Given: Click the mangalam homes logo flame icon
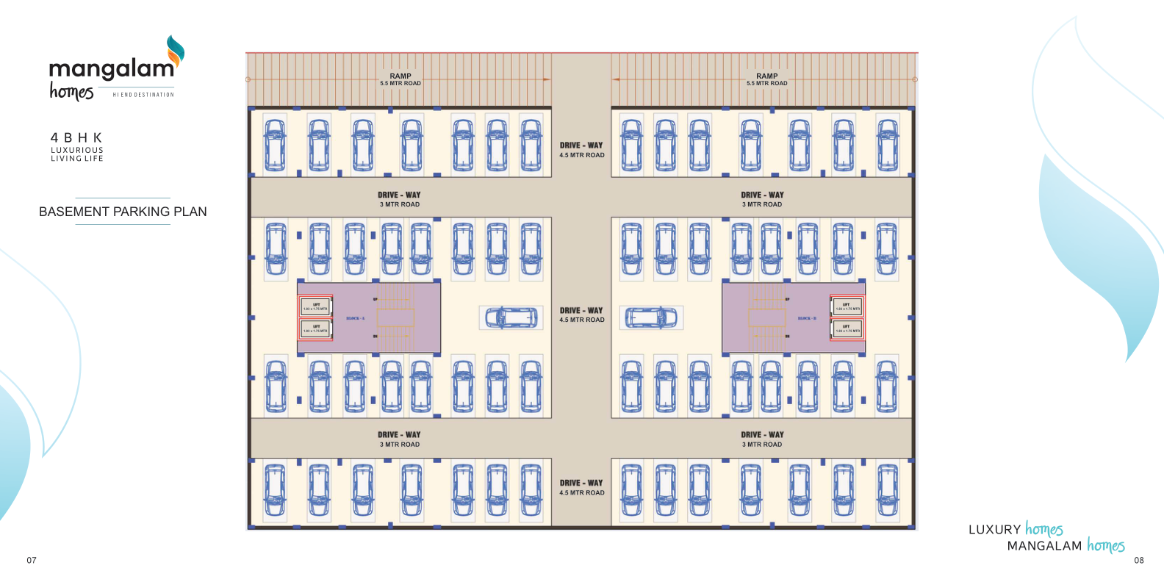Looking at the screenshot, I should pos(175,50).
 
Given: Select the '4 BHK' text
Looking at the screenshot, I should pos(76,137).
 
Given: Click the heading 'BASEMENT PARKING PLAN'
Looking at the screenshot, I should pos(123,212).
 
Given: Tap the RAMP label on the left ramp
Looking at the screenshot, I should pos(400,76).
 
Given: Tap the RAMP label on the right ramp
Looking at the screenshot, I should pos(766,76).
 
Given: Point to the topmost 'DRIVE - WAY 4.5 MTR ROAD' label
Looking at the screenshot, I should pos(581,150).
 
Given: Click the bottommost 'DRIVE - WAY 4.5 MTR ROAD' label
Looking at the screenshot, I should pos(581,488).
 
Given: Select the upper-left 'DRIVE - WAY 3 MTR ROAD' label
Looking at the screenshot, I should pos(399,199).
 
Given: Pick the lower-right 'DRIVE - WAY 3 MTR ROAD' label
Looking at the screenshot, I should pos(762,439).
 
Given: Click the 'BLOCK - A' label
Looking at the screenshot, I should pos(355,318).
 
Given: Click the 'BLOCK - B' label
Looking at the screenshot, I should pos(807,318).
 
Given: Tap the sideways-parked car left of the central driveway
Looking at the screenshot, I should pos(511,317).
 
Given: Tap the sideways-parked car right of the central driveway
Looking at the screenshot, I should pos(651,317).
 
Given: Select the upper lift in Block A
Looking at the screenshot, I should pos(316,306).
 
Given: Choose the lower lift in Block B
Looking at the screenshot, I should pos(847,328).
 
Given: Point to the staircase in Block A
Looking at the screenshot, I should pos(396,317).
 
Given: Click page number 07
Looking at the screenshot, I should pos(32,560).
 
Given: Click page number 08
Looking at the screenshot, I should pos(1138,560).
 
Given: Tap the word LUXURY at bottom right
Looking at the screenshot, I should pos(994,530).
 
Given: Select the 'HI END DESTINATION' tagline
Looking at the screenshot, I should pos(143,95).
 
